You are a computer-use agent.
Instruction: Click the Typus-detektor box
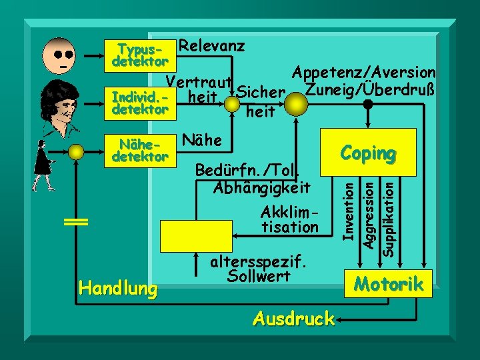[x=140, y=55]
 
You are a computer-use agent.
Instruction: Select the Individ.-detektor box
[x=140, y=103]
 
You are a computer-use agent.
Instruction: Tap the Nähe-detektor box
[x=140, y=150]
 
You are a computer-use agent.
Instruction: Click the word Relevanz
[x=212, y=46]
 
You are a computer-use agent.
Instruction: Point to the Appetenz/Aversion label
[x=364, y=72]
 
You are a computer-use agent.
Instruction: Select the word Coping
[x=367, y=153]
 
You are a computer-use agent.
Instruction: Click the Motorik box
[x=389, y=284]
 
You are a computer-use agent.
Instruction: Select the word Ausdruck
[x=293, y=319]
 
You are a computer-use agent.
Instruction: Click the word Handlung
[x=118, y=288]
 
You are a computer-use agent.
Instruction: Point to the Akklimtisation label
[x=290, y=219]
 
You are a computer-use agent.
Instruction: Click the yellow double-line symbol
[x=77, y=223]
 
